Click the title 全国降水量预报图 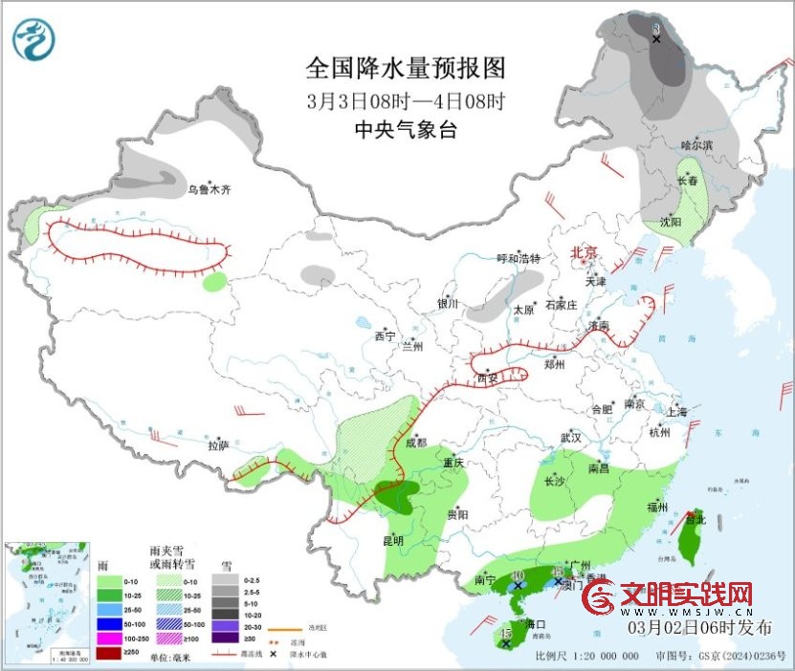coord(405,68)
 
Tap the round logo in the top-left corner coord(34,39)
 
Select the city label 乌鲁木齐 coord(209,190)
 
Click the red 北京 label coord(584,252)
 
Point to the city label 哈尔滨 coord(696,144)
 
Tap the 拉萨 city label coord(219,445)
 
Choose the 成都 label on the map coord(416,443)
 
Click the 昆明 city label coord(393,540)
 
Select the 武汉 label coord(571,437)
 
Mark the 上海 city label coord(674,411)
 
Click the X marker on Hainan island coord(505,643)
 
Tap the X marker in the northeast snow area coord(656,38)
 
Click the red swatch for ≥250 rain coord(109,653)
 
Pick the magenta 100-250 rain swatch coord(109,639)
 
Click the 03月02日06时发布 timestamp coord(699,627)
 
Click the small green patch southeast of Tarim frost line coord(216,281)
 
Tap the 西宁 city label coord(385,336)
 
